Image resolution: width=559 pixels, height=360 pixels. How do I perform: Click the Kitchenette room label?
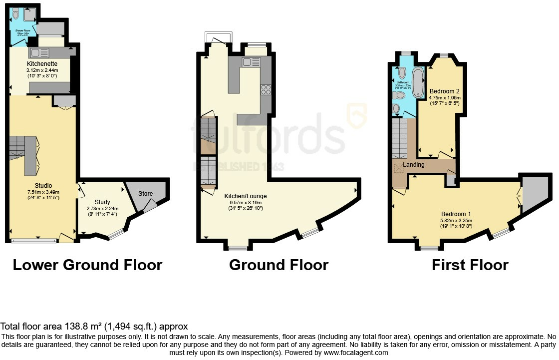coord(42,64)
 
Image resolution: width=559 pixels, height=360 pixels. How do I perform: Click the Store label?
coord(145,193)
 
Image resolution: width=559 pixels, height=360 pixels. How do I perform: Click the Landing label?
coord(414,165)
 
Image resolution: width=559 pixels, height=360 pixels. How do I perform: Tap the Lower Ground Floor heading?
coord(87,265)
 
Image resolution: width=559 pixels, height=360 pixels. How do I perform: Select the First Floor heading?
coord(470,265)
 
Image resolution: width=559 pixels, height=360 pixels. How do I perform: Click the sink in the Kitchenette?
coord(36,52)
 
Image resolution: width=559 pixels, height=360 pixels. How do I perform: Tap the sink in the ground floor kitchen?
coord(247,62)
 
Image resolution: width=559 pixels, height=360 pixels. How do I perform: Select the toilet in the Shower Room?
coord(16,14)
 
